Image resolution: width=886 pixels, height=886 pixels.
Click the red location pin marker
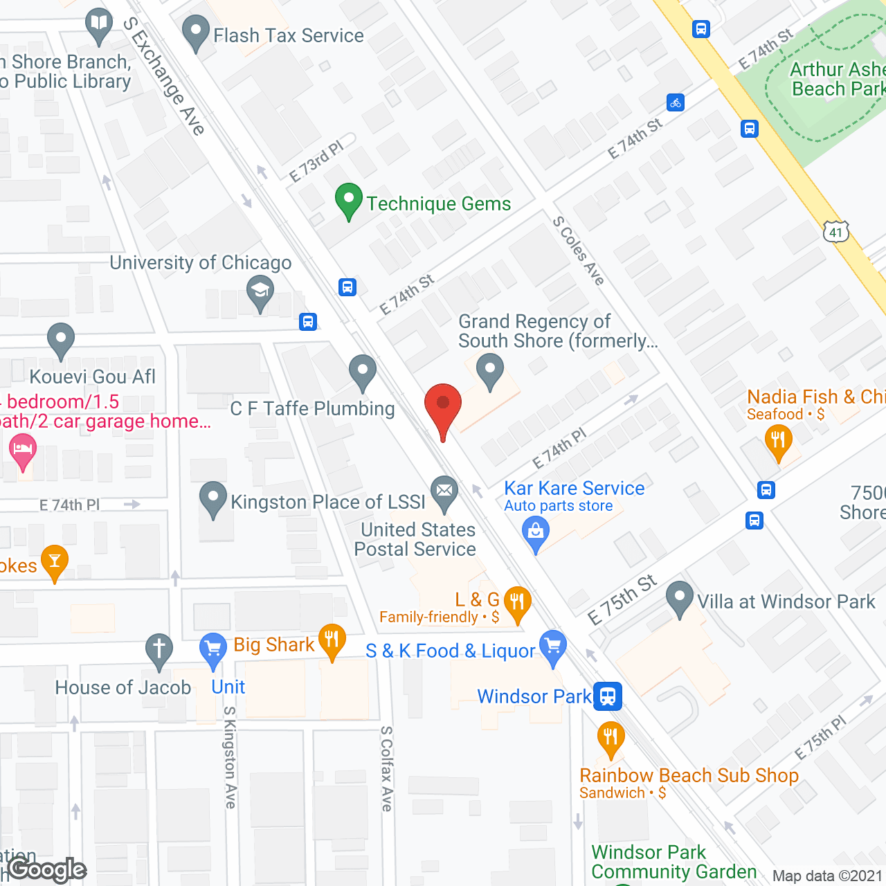[442, 405]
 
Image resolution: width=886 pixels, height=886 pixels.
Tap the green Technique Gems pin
[349, 201]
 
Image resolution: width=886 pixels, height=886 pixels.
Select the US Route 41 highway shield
[836, 232]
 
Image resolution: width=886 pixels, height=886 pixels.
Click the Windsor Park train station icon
[608, 696]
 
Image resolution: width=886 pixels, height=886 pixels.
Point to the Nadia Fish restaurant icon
[779, 440]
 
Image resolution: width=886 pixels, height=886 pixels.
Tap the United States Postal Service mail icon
[444, 492]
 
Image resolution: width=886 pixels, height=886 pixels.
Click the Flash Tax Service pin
[196, 32]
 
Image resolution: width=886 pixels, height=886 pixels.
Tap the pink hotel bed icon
[23, 449]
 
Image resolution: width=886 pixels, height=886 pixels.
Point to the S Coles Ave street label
[579, 251]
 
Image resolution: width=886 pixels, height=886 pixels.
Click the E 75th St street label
[622, 599]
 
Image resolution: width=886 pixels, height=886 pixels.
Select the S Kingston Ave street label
[230, 757]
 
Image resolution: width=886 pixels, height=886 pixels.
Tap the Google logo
[47, 869]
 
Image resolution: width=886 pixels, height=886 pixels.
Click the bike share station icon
[676, 102]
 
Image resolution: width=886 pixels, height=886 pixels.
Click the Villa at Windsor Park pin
[680, 598]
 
